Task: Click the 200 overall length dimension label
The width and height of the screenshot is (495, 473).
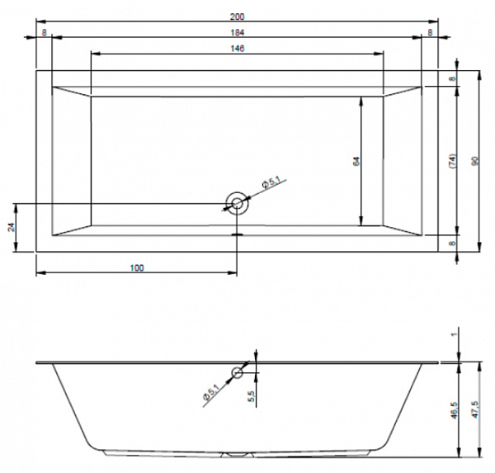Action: [x=237, y=17]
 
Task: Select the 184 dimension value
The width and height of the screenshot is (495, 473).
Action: [x=237, y=32]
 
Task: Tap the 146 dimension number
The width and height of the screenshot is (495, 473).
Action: [x=237, y=49]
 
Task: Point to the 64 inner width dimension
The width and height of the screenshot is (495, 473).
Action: [x=356, y=162]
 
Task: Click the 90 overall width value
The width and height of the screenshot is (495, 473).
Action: [x=475, y=161]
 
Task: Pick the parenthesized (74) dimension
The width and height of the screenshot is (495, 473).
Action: [x=452, y=161]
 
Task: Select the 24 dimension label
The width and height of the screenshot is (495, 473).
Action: [x=12, y=227]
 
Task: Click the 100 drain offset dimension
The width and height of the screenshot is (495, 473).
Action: [x=137, y=268]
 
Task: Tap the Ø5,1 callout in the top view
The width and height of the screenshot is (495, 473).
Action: [x=271, y=182]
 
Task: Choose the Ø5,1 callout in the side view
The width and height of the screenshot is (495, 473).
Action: [x=211, y=391]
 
